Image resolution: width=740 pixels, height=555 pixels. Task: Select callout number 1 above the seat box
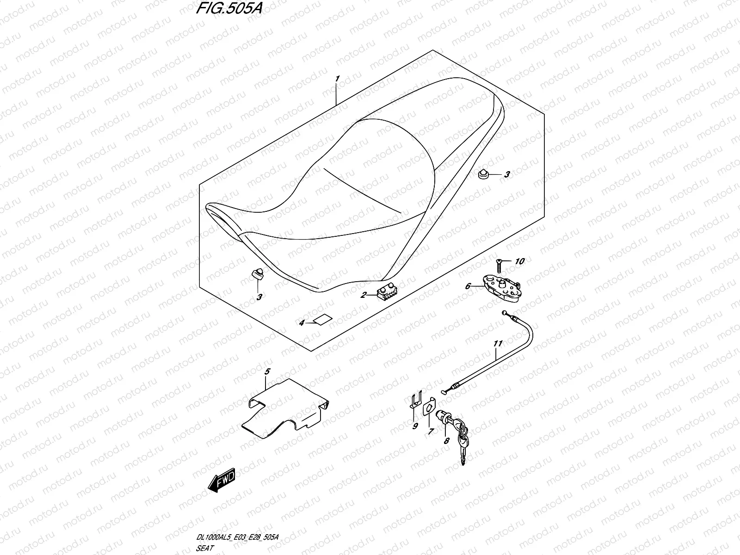(x=351, y=79)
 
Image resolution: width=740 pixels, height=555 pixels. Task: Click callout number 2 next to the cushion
(x=364, y=295)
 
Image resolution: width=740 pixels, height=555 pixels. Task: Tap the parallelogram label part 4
(x=323, y=319)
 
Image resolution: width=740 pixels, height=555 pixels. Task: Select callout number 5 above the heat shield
(x=267, y=371)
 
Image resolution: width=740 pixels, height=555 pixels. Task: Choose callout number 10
(x=519, y=262)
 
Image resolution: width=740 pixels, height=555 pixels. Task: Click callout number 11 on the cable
(x=498, y=344)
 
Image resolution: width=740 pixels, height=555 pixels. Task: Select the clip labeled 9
(x=417, y=399)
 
